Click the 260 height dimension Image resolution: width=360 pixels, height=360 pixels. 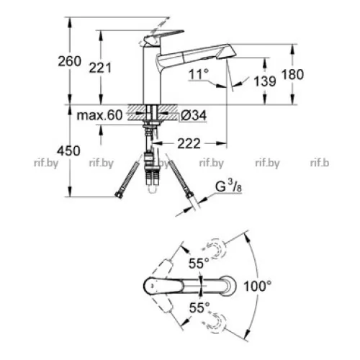[x=70, y=61]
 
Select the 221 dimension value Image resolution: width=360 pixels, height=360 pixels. [x=100, y=68]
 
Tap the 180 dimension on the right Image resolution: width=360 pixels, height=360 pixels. [x=292, y=74]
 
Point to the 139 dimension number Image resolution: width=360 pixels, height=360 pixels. [x=265, y=81]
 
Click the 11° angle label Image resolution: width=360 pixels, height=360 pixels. [x=199, y=74]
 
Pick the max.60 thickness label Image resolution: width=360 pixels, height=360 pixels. [x=99, y=115]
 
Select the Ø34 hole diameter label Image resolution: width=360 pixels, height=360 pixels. [x=194, y=115]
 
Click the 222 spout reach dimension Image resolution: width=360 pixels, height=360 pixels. [x=189, y=143]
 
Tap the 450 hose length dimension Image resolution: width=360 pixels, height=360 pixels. [x=68, y=151]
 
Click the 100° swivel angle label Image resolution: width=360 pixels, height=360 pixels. [x=258, y=286]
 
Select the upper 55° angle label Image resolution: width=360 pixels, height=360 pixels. [x=199, y=263]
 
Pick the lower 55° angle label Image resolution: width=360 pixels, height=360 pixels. [x=199, y=307]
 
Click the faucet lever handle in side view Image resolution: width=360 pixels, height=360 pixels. [x=163, y=36]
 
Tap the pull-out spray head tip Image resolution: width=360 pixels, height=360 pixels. [x=228, y=52]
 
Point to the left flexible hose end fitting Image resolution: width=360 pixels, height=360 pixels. [x=119, y=194]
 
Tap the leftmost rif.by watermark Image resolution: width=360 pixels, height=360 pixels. [x=46, y=163]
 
